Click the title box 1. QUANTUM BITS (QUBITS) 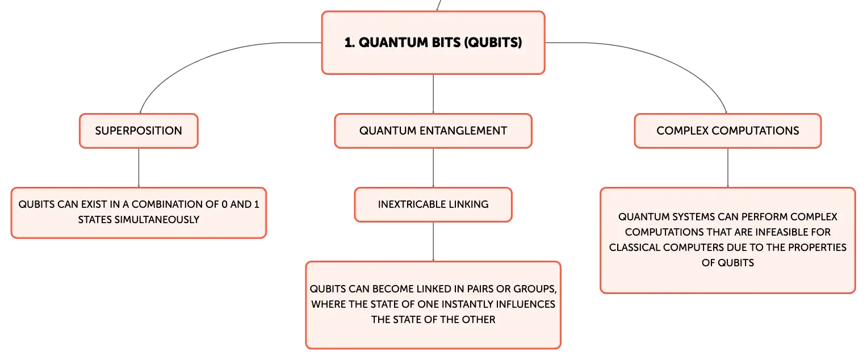[433, 43]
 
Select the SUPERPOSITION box [139, 131]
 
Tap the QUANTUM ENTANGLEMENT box [433, 131]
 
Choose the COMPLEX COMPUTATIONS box [728, 131]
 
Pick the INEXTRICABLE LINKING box [433, 205]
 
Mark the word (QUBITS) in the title [493, 43]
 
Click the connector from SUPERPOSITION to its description [139, 168]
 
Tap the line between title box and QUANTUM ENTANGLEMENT [433, 94]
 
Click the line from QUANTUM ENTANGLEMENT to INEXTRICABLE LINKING [433, 168]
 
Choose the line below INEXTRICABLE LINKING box [433, 242]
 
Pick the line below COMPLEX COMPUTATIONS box [728, 168]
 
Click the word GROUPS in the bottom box [535, 289]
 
